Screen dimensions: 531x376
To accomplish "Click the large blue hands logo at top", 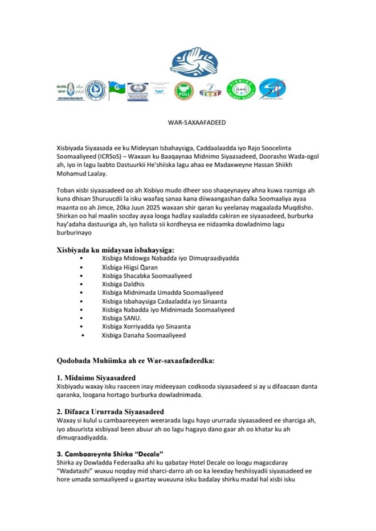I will point(194,63).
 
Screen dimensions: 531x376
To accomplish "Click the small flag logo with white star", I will point(117,90).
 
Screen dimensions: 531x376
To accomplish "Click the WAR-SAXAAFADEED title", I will point(188,123).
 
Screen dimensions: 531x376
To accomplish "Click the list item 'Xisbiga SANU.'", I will point(121,318).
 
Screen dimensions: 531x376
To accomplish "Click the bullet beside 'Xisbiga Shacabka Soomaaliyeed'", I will point(83,275).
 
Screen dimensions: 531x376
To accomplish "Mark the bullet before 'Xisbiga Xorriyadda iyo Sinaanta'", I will point(83,327).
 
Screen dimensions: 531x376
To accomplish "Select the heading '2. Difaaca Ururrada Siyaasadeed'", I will point(111,411).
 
